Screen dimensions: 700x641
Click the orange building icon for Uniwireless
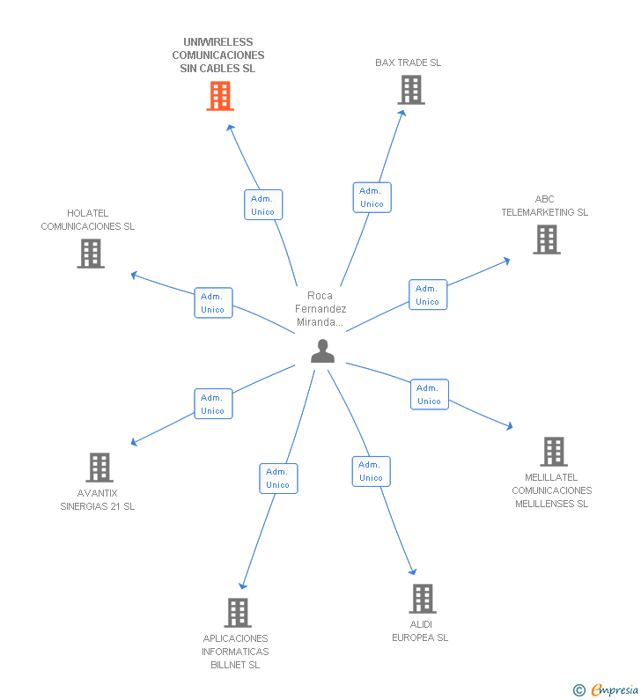click(x=219, y=96)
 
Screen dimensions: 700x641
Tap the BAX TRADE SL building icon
click(x=410, y=90)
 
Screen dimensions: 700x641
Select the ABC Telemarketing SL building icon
click(x=546, y=239)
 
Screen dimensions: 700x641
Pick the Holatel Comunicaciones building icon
click(x=91, y=254)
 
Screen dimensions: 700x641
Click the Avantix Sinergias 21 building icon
click(x=99, y=468)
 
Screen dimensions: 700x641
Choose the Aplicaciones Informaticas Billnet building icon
click(x=237, y=613)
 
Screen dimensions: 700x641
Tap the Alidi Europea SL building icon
click(x=423, y=599)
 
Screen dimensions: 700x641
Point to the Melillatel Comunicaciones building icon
click(x=553, y=452)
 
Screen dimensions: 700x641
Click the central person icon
click(x=323, y=350)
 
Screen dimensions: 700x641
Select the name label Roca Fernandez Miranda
click(x=320, y=309)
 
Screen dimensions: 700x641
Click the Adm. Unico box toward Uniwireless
click(x=263, y=205)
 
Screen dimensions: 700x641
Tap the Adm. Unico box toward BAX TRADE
click(x=372, y=197)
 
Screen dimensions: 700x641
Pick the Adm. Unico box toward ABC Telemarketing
click(x=428, y=295)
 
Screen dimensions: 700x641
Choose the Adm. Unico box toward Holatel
click(x=213, y=303)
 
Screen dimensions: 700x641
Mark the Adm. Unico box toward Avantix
click(x=213, y=404)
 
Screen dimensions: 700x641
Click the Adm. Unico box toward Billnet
click(x=278, y=478)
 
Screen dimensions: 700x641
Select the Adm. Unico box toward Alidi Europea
click(x=371, y=471)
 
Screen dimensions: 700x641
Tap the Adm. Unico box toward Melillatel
click(x=429, y=394)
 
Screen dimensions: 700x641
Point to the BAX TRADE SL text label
click(x=408, y=63)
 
